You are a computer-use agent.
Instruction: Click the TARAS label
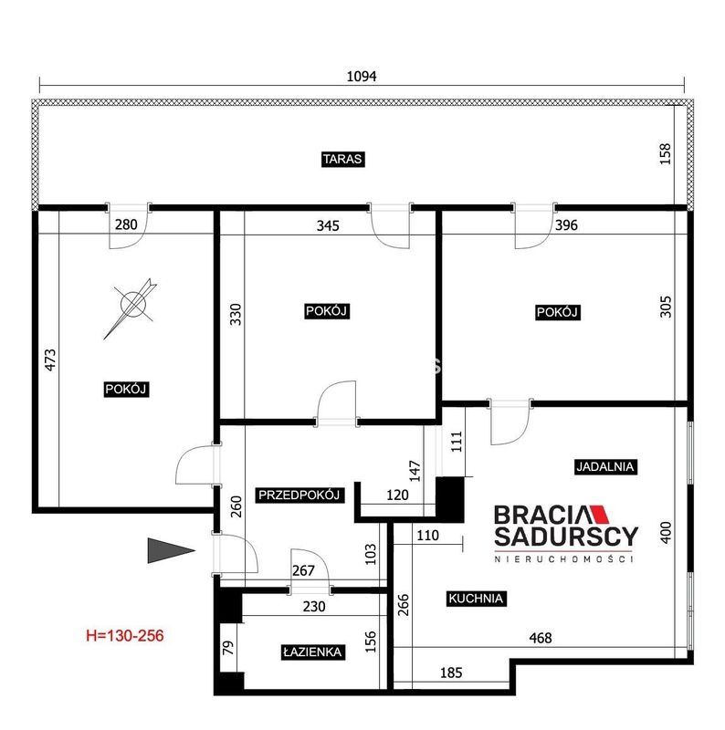(x=342, y=159)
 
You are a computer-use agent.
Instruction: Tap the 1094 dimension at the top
(x=362, y=77)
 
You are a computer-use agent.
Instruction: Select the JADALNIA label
(x=604, y=467)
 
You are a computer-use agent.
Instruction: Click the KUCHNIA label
(x=476, y=599)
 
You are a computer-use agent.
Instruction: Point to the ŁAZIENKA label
(x=312, y=652)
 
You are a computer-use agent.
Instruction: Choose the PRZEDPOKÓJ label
(x=299, y=495)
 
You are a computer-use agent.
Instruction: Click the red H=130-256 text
(x=125, y=635)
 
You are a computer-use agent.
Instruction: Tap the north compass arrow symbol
(x=131, y=308)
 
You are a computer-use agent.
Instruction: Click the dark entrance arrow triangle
(x=171, y=551)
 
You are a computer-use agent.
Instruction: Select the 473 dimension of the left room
(x=50, y=360)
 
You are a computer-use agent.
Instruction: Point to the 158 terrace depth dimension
(x=666, y=153)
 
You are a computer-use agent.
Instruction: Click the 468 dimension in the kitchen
(x=541, y=638)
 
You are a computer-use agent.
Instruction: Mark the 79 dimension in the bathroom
(x=228, y=648)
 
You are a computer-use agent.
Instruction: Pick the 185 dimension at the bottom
(x=451, y=673)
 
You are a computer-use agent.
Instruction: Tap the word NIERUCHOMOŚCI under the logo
(x=564, y=558)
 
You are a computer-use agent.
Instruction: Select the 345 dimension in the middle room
(x=328, y=225)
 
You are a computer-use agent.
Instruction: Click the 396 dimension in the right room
(x=567, y=225)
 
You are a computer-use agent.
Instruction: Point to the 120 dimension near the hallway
(x=397, y=495)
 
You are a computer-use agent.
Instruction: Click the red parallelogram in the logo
(x=600, y=515)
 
